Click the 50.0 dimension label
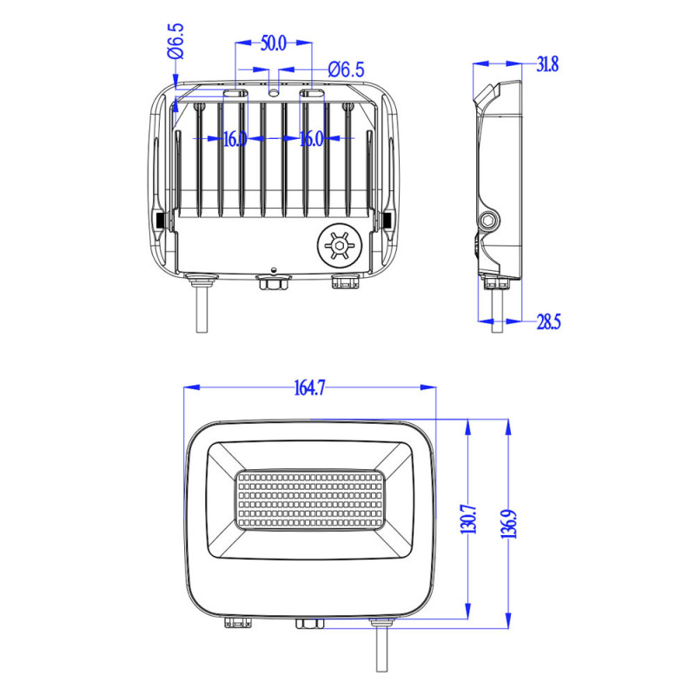274,43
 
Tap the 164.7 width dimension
309,387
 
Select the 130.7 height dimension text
467,519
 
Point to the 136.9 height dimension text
509,524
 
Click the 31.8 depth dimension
547,64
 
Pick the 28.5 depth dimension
549,321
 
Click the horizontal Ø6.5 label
346,69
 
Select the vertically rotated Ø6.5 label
176,41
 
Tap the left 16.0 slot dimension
235,139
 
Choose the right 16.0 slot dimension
312,139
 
